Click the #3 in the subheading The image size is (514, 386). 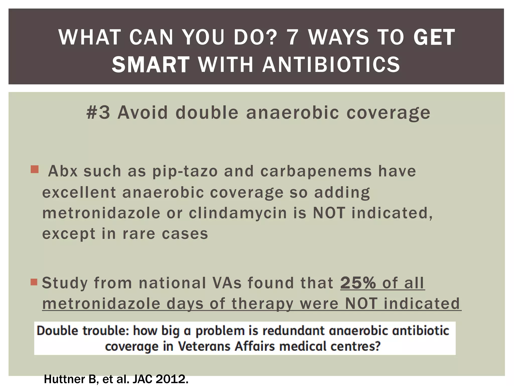[x=98, y=112]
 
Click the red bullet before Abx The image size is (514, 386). [x=35, y=169]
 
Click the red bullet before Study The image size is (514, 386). [x=34, y=282]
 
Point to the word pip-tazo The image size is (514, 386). [x=185, y=171]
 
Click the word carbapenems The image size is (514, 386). [x=316, y=171]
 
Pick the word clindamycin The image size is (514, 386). [x=238, y=213]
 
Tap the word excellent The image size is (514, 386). [x=79, y=192]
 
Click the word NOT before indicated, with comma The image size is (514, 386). [x=329, y=213]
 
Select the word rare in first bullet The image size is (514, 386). [x=139, y=234]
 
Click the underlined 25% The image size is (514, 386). [x=358, y=283]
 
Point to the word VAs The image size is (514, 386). [x=227, y=283]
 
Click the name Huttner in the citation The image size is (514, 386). [x=66, y=379]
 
